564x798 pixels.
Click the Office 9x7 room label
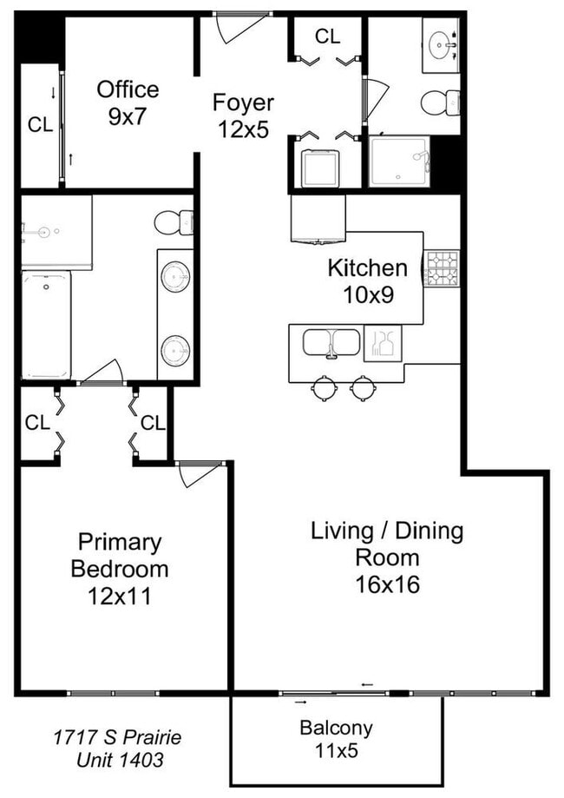tap(128, 102)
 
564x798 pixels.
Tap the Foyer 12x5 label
tap(243, 116)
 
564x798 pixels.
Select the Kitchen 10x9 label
tap(366, 280)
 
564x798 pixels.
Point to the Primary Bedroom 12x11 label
tap(120, 570)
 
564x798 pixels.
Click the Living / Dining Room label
tap(387, 557)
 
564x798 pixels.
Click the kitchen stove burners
tap(441, 268)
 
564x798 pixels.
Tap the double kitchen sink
tap(331, 342)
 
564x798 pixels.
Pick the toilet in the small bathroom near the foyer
tap(440, 103)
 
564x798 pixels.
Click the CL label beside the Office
tap(40, 124)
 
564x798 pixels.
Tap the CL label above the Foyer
tap(327, 36)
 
